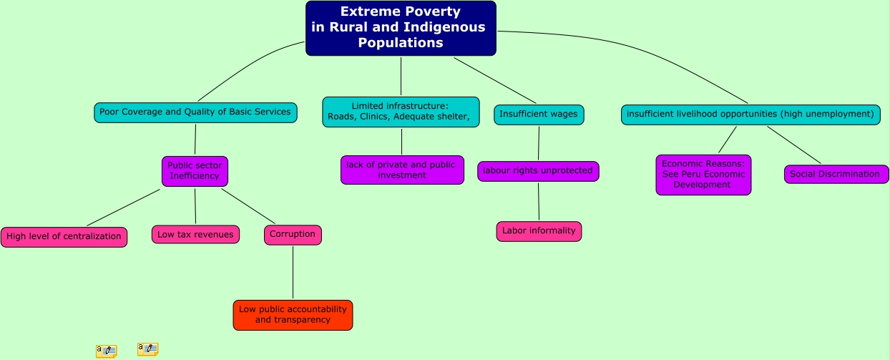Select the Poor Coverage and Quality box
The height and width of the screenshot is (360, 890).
pos(195,112)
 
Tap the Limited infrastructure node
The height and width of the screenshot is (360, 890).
pos(401,112)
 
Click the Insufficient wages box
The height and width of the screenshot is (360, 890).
pos(539,115)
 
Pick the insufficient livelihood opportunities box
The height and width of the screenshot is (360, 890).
pos(750,115)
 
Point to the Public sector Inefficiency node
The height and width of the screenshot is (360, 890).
pos(195,171)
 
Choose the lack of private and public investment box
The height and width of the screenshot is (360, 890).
pos(401,170)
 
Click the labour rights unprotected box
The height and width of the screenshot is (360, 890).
pos(538,171)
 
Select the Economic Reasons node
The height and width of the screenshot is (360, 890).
pos(703,175)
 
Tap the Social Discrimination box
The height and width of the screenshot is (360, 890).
pos(836,174)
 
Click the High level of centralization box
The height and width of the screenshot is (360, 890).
pos(64,237)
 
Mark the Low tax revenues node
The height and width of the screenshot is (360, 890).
pos(195,234)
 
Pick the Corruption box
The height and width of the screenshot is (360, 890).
pos(293,235)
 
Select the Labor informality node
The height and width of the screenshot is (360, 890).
pos(539,231)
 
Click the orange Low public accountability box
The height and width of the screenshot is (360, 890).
pos(293,315)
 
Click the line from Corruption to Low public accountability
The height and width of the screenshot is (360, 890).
pos(293,272)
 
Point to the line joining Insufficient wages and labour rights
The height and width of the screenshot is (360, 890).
pos(539,143)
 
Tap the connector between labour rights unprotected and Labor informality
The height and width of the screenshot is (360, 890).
pos(539,201)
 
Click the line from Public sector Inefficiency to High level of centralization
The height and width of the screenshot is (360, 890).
pos(123,207)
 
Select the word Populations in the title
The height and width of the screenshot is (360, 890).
pos(401,43)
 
